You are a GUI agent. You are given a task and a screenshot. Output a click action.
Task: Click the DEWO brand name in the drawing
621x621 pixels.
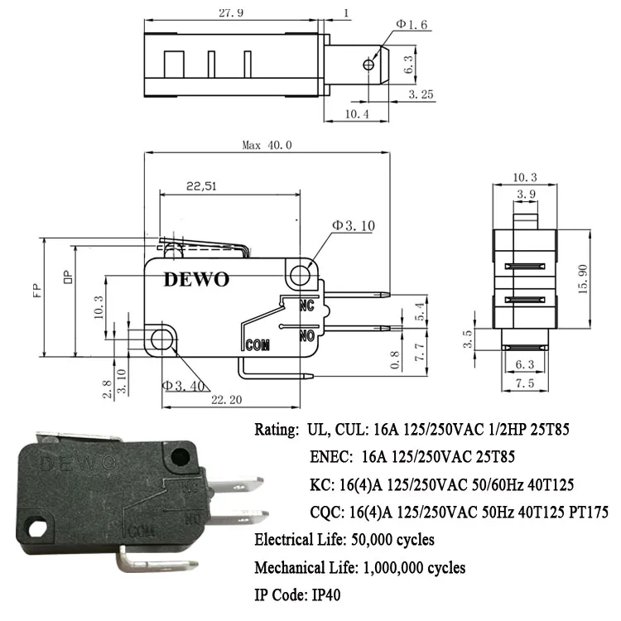[x=195, y=279]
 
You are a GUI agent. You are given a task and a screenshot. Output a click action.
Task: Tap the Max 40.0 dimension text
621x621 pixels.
[x=267, y=145]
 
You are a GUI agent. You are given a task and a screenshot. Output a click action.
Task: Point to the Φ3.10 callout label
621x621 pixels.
[x=354, y=225]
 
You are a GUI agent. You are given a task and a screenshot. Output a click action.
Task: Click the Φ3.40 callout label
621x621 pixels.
[x=182, y=384]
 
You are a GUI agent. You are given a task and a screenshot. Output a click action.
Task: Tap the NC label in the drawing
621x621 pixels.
[x=308, y=305]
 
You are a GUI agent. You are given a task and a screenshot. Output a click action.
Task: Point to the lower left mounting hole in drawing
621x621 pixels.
[x=162, y=338]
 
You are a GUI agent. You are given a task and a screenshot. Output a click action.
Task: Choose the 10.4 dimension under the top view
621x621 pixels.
[x=355, y=113]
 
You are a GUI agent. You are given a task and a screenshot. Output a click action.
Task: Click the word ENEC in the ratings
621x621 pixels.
[x=328, y=455]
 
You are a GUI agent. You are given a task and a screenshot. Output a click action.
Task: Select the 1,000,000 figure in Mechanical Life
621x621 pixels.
[x=397, y=567]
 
